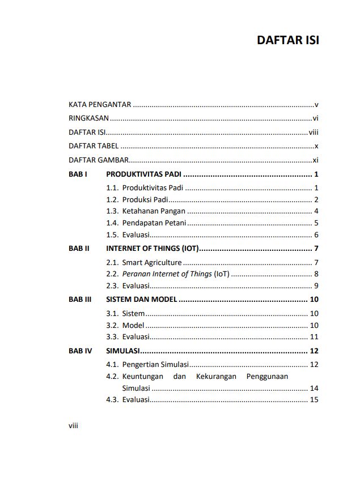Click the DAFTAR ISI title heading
pyautogui.click(x=287, y=41)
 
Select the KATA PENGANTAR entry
pyautogui.click(x=100, y=105)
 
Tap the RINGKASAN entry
pyautogui.click(x=88, y=118)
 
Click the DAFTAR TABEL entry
pyautogui.click(x=94, y=146)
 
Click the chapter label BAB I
pyautogui.click(x=78, y=174)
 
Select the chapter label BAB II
pyautogui.click(x=79, y=249)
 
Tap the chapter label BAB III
pyautogui.click(x=80, y=300)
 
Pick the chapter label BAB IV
pyautogui.click(x=80, y=351)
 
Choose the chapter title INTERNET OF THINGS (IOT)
pyautogui.click(x=153, y=249)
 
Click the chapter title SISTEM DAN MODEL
pyautogui.click(x=142, y=300)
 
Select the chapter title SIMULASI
pyautogui.click(x=123, y=351)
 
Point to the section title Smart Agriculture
pyautogui.click(x=152, y=263)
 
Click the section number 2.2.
pyautogui.click(x=112, y=274)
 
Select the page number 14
pyautogui.click(x=314, y=389)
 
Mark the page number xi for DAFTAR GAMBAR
pyautogui.click(x=316, y=160)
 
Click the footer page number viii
pyautogui.click(x=73, y=426)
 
